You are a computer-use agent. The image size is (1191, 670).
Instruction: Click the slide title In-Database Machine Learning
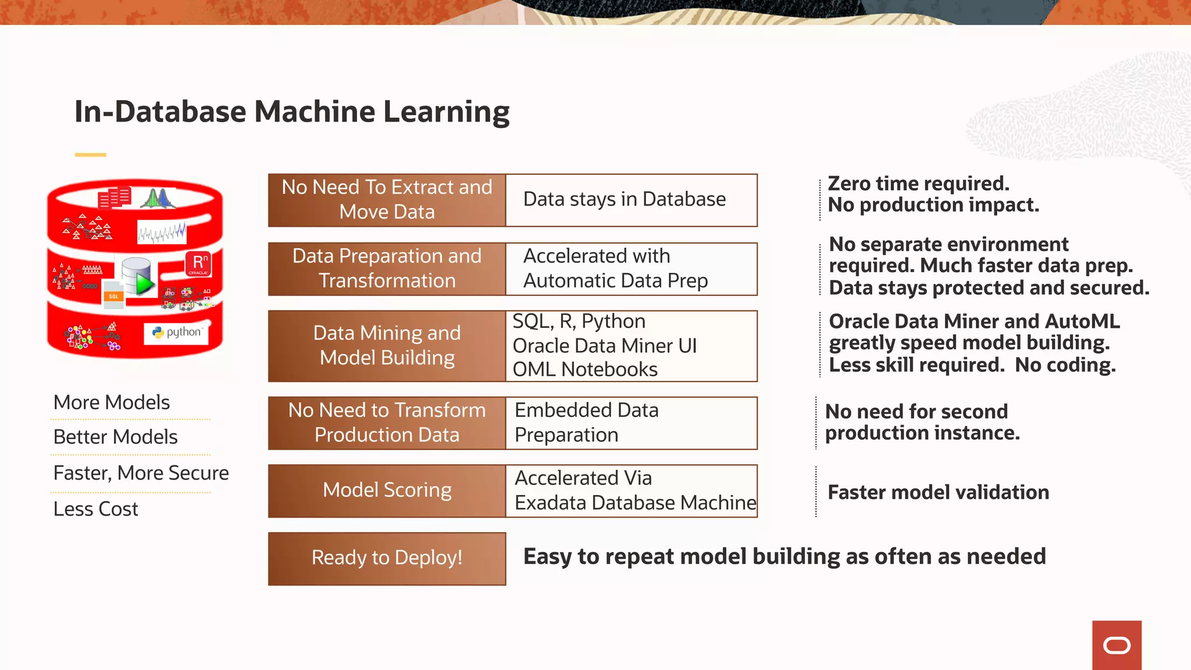coord(292,112)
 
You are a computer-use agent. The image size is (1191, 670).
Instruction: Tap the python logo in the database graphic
coord(177,333)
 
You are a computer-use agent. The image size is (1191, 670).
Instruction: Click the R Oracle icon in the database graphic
coord(198,264)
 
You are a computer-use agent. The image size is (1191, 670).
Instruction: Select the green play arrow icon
coord(144,284)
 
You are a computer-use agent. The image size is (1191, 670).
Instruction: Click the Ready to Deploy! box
coord(387,558)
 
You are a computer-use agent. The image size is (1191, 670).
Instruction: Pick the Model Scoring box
coord(387,491)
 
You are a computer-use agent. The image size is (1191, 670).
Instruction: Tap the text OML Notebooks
coord(585,369)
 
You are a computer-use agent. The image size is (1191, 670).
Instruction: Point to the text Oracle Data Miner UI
coord(604,345)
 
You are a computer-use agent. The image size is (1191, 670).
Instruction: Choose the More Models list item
coord(112,402)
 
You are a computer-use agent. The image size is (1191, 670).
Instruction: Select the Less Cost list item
coord(96,509)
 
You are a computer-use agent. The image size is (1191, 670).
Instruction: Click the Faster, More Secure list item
coord(141,473)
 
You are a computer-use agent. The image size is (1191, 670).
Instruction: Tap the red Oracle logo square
coord(1117,645)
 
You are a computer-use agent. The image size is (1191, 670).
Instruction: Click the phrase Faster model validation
coord(938,493)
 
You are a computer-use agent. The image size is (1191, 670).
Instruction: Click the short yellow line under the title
coord(90,155)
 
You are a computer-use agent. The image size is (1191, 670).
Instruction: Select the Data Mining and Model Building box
coord(387,346)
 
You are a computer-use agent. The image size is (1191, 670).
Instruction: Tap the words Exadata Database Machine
coord(635,502)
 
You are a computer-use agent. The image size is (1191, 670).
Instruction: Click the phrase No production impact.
coord(933,205)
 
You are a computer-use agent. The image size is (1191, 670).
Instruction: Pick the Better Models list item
coord(115,437)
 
